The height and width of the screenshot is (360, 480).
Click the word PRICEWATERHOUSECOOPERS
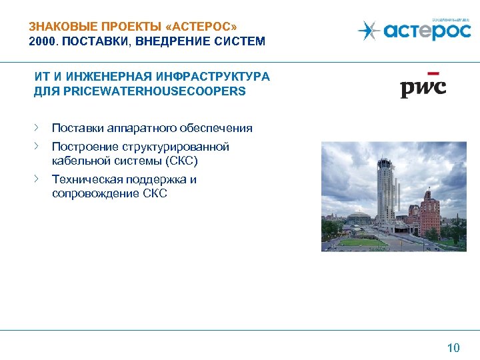click(154, 91)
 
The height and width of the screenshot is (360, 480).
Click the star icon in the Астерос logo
click(368, 31)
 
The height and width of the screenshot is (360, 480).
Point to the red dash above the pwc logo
click(433, 73)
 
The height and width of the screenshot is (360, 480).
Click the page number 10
click(453, 347)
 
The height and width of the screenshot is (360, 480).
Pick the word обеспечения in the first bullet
click(217, 128)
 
